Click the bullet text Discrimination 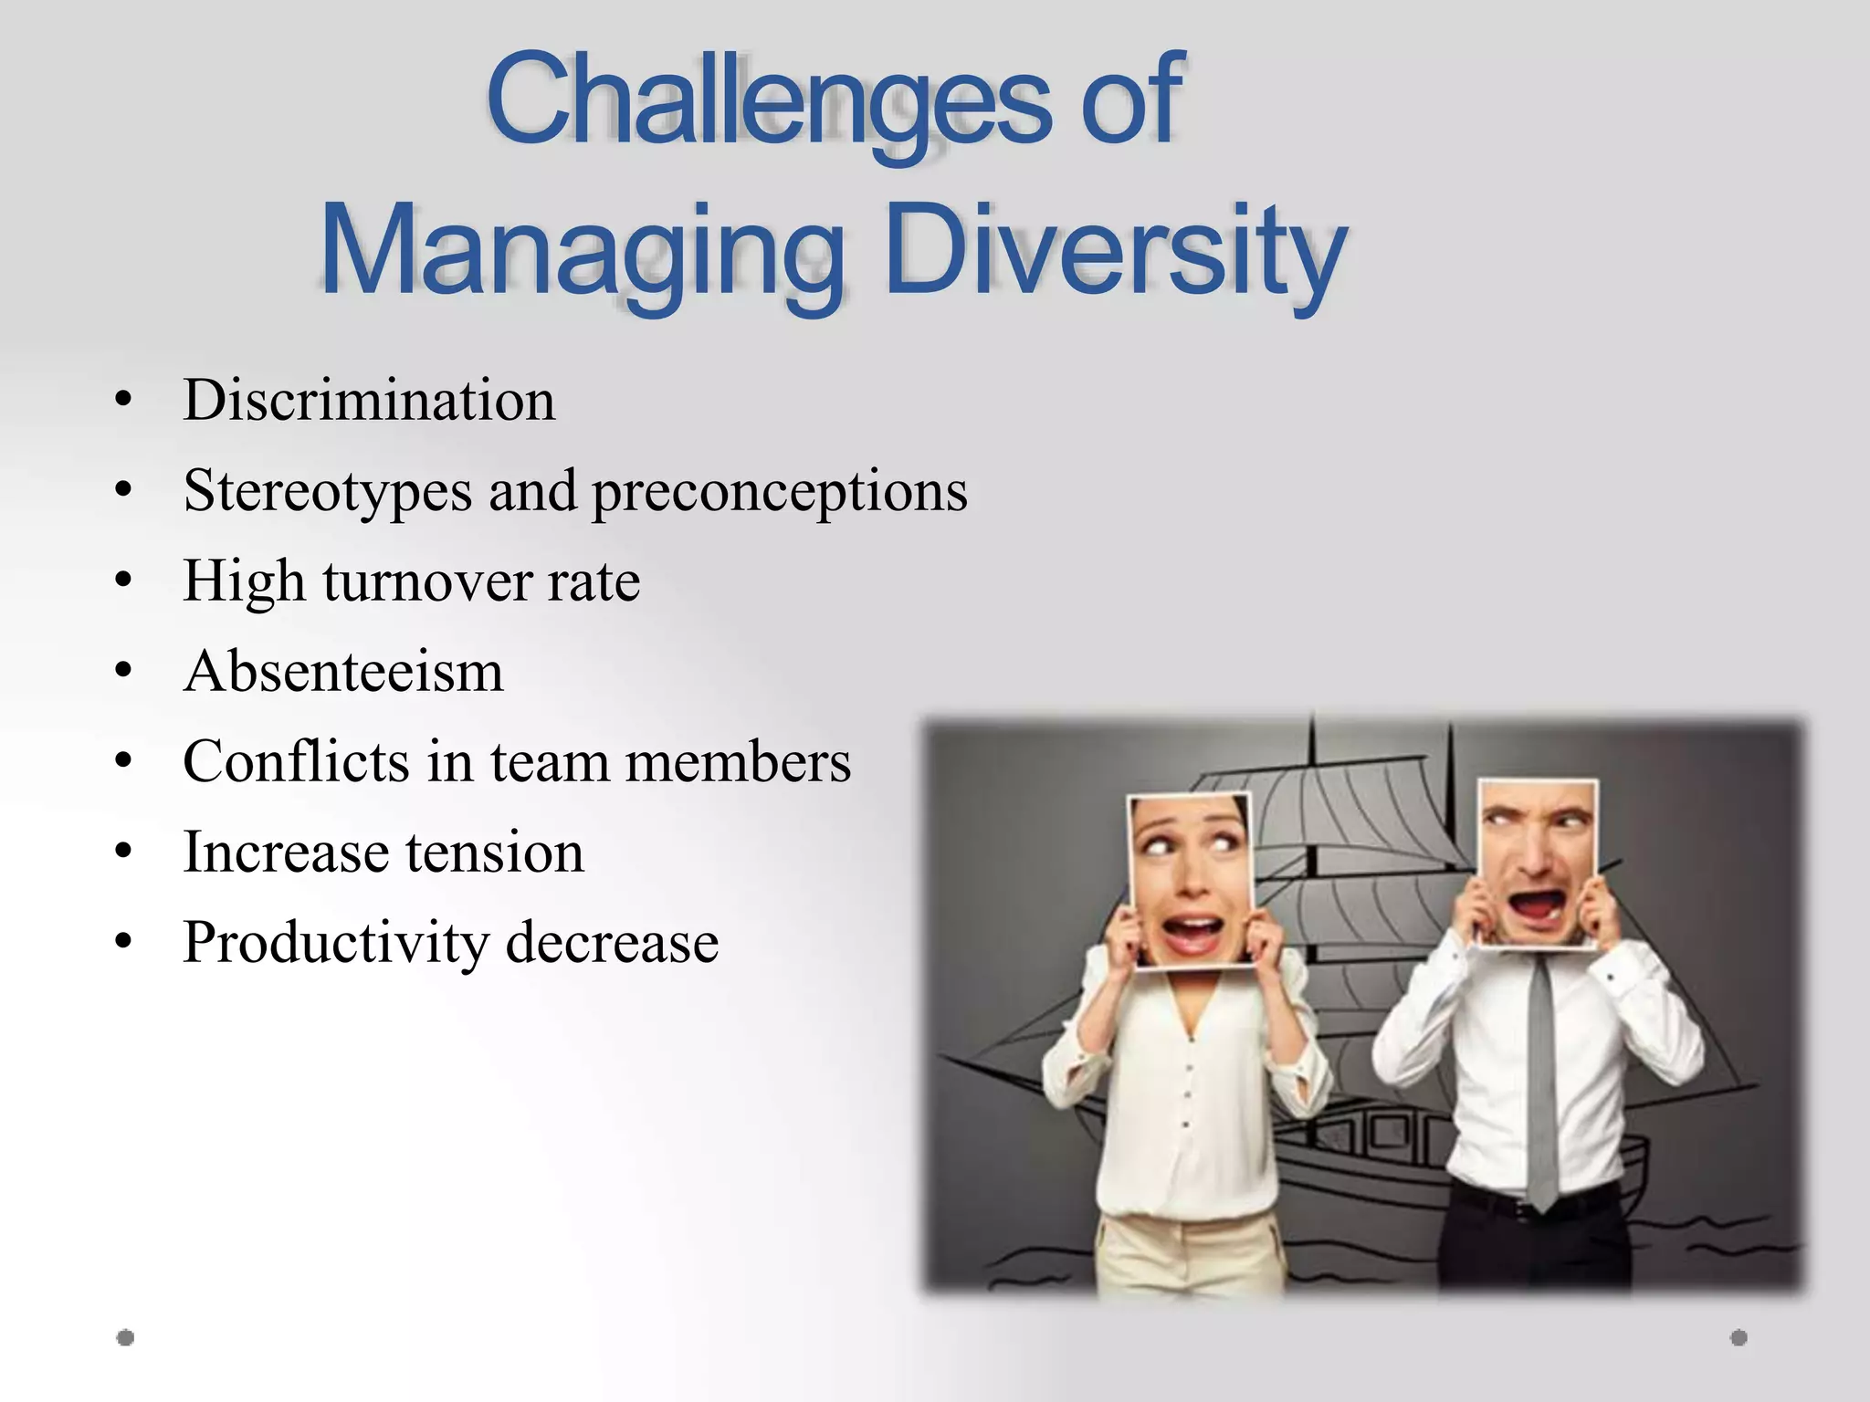[369, 400]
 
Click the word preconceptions [780, 492]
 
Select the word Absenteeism [343, 671]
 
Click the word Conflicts [296, 760]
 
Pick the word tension [495, 852]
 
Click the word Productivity [335, 942]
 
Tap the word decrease [612, 942]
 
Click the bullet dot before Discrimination [124, 400]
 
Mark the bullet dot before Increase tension [124, 852]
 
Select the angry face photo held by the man [1537, 863]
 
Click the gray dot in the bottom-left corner [126, 1337]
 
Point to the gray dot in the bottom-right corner [1739, 1337]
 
